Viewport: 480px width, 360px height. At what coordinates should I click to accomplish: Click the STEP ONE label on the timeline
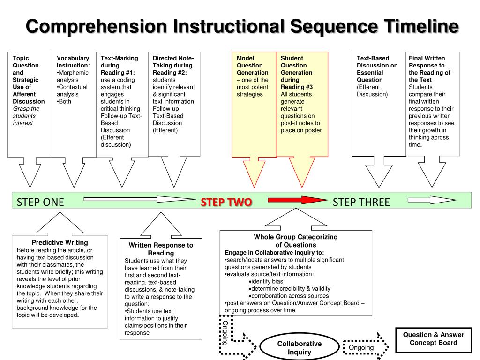click(x=40, y=202)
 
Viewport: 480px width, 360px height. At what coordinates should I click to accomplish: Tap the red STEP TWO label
click(x=226, y=202)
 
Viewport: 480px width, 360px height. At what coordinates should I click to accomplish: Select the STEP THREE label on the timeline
click(x=361, y=202)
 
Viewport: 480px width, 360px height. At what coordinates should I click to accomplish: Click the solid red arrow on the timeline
click(x=298, y=200)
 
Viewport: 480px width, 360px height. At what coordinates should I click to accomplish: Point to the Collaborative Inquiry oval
click(x=300, y=348)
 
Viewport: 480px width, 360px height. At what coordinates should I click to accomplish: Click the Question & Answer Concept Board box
click(x=434, y=340)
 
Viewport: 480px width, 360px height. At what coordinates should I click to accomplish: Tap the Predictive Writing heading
click(x=60, y=242)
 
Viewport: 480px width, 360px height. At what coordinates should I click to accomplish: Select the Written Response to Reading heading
click(x=161, y=249)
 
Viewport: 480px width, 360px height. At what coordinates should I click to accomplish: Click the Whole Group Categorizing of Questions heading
click(x=296, y=240)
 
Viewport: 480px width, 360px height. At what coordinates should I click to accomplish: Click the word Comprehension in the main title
click(x=97, y=26)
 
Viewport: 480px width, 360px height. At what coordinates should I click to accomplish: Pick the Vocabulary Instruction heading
click(x=73, y=61)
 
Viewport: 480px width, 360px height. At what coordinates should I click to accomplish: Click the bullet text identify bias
click(x=266, y=281)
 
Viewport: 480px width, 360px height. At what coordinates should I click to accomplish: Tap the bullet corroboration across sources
click(x=289, y=296)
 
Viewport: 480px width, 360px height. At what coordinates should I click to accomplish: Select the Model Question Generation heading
click(x=252, y=65)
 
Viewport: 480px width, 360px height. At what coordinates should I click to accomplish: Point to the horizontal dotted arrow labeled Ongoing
click(x=366, y=347)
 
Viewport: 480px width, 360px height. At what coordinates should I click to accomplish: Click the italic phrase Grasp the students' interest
click(x=26, y=116)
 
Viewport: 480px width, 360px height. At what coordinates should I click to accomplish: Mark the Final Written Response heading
click(x=429, y=69)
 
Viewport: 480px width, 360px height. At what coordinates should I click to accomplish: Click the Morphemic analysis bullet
click(x=73, y=76)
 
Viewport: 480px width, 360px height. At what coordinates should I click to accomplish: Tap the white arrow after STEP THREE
click(x=432, y=200)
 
